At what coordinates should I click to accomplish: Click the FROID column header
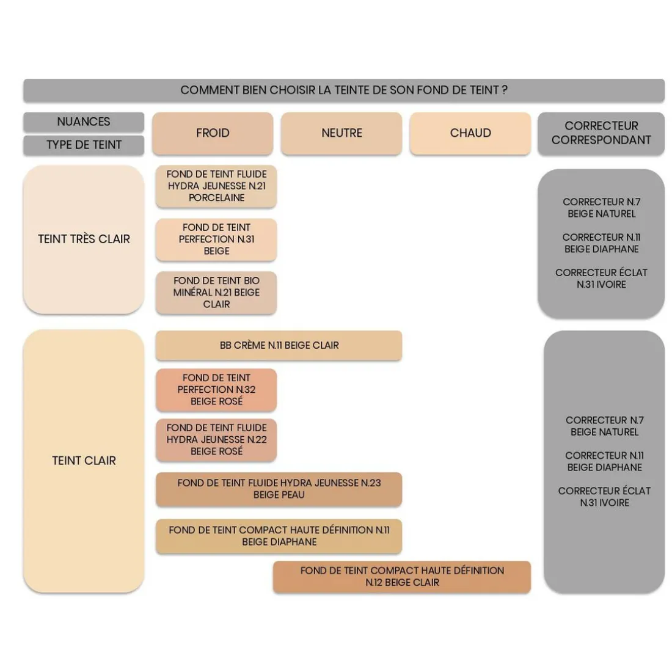213,133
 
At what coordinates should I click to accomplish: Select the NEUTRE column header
341,133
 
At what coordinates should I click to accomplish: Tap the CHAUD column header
470,133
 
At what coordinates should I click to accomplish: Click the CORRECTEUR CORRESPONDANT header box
601,133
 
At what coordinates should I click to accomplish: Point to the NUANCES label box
84,122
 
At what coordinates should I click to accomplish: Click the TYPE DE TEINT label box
84,145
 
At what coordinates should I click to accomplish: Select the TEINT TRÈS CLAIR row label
84,239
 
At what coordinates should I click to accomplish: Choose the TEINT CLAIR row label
84,461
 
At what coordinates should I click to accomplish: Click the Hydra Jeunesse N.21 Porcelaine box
216,186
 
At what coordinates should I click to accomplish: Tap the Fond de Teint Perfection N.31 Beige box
216,239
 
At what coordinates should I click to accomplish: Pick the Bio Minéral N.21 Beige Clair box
216,292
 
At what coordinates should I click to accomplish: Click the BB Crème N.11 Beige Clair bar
279,345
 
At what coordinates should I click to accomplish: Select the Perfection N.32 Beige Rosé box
216,390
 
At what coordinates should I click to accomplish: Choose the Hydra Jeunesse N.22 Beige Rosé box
216,440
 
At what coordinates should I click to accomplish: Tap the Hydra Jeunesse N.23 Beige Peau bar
279,489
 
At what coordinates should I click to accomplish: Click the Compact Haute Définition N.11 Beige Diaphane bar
279,536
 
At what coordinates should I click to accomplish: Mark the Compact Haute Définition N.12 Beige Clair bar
402,577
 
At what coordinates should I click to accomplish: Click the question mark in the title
505,90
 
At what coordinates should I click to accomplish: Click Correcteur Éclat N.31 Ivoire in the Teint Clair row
604,497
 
